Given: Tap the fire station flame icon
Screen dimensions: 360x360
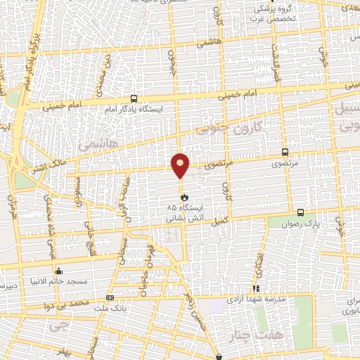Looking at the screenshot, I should pos(184,198).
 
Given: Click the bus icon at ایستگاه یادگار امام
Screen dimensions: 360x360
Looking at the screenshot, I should pos(134,99).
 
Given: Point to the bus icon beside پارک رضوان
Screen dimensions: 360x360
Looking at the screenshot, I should pos(300,212).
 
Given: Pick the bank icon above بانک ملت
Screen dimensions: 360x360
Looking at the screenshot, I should pos(109,297).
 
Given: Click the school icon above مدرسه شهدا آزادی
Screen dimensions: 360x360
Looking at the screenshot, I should pos(257,288).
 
